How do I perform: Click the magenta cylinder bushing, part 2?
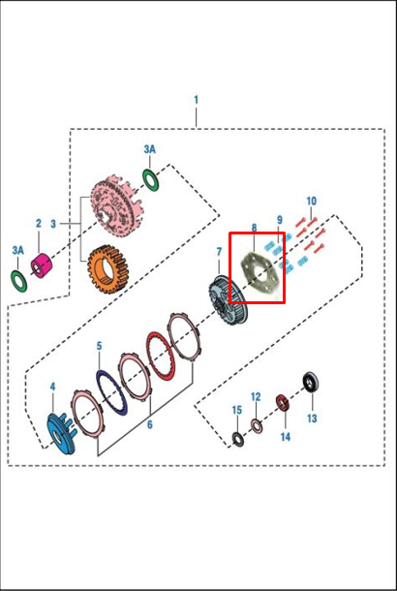pyautogui.click(x=43, y=264)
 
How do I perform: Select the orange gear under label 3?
pyautogui.click(x=106, y=268)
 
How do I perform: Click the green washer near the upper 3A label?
pyautogui.click(x=151, y=180)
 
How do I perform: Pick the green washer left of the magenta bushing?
pyautogui.click(x=18, y=281)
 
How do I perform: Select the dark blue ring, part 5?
pyautogui.click(x=111, y=392)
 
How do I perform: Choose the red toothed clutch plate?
pyautogui.click(x=161, y=356)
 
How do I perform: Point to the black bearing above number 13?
pyautogui.click(x=312, y=383)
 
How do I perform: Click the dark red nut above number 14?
pyautogui.click(x=284, y=403)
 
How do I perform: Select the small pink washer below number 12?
pyautogui.click(x=257, y=425)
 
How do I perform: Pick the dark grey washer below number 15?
pyautogui.click(x=237, y=439)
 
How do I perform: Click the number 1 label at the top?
pyautogui.click(x=196, y=100)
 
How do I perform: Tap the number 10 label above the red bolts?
pyautogui.click(x=312, y=202)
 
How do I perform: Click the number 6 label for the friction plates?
pyautogui.click(x=150, y=424)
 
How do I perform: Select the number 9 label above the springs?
pyautogui.click(x=280, y=220)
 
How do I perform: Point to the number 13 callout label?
pyautogui.click(x=312, y=419)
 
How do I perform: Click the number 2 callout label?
pyautogui.click(x=39, y=224)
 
